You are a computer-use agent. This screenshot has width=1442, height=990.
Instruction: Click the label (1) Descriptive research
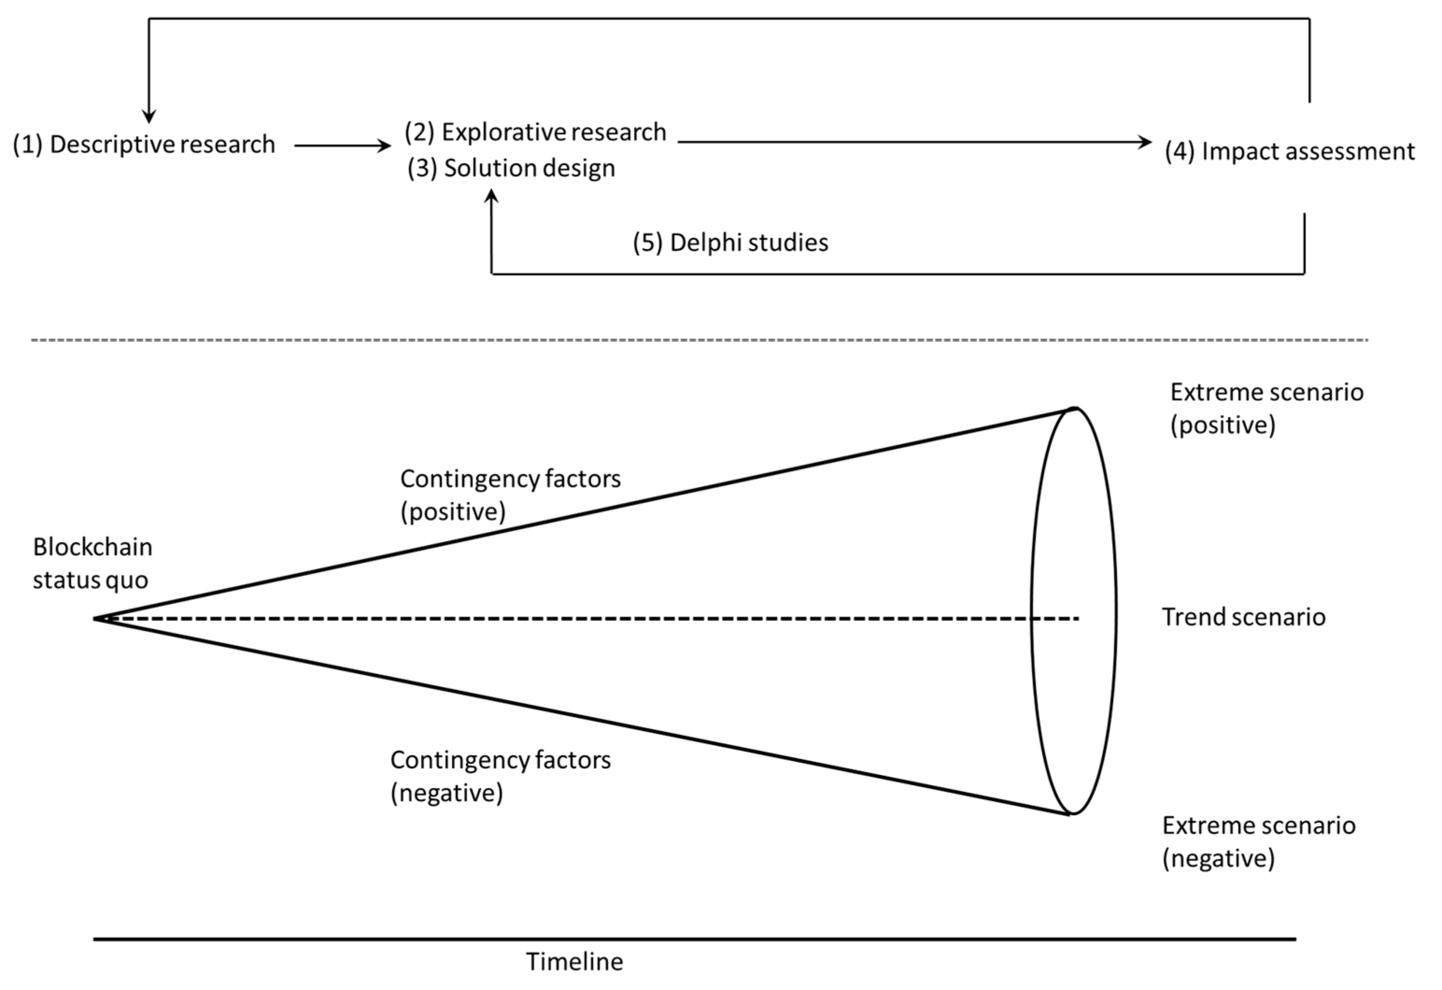pyautogui.click(x=144, y=145)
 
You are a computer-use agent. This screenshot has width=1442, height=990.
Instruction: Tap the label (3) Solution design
pyautogui.click(x=511, y=168)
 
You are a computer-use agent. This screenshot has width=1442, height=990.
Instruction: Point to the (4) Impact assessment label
pyautogui.click(x=1289, y=151)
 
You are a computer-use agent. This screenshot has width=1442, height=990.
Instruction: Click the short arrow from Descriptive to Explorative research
pyautogui.click(x=342, y=146)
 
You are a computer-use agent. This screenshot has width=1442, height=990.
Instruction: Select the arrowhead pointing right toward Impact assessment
pyautogui.click(x=1145, y=141)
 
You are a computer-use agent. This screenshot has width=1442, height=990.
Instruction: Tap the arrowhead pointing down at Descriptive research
pyautogui.click(x=149, y=116)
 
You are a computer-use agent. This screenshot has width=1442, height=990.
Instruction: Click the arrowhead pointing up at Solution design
pyautogui.click(x=491, y=196)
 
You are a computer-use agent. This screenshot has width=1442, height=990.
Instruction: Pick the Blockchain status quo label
pyautogui.click(x=92, y=564)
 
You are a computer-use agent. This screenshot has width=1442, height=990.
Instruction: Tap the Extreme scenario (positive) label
pyautogui.click(x=1266, y=409)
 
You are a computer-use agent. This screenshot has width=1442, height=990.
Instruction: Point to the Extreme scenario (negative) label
pyautogui.click(x=1258, y=841)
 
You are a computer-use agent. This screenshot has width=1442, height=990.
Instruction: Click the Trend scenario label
pyautogui.click(x=1244, y=617)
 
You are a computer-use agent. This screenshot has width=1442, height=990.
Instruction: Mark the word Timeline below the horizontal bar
pyautogui.click(x=574, y=962)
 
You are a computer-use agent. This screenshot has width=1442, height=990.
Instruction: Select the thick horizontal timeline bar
pyautogui.click(x=695, y=939)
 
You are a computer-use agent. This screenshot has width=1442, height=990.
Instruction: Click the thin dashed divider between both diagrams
pyautogui.click(x=700, y=340)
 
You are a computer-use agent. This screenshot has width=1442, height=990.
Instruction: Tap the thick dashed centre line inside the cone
pyautogui.click(x=558, y=618)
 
